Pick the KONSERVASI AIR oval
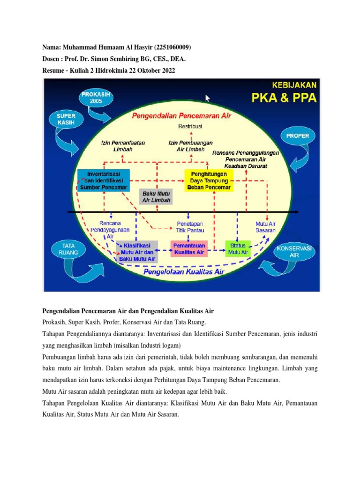pyautogui.click(x=293, y=252)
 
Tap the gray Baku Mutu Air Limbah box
pyautogui.click(x=157, y=196)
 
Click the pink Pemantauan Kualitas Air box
pyautogui.click(x=189, y=248)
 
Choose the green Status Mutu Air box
pyautogui.click(x=238, y=248)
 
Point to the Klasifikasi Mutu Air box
pyautogui.click(x=137, y=252)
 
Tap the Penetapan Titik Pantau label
pyautogui.click(x=190, y=227)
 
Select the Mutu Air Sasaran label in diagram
pyautogui.click(x=265, y=227)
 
